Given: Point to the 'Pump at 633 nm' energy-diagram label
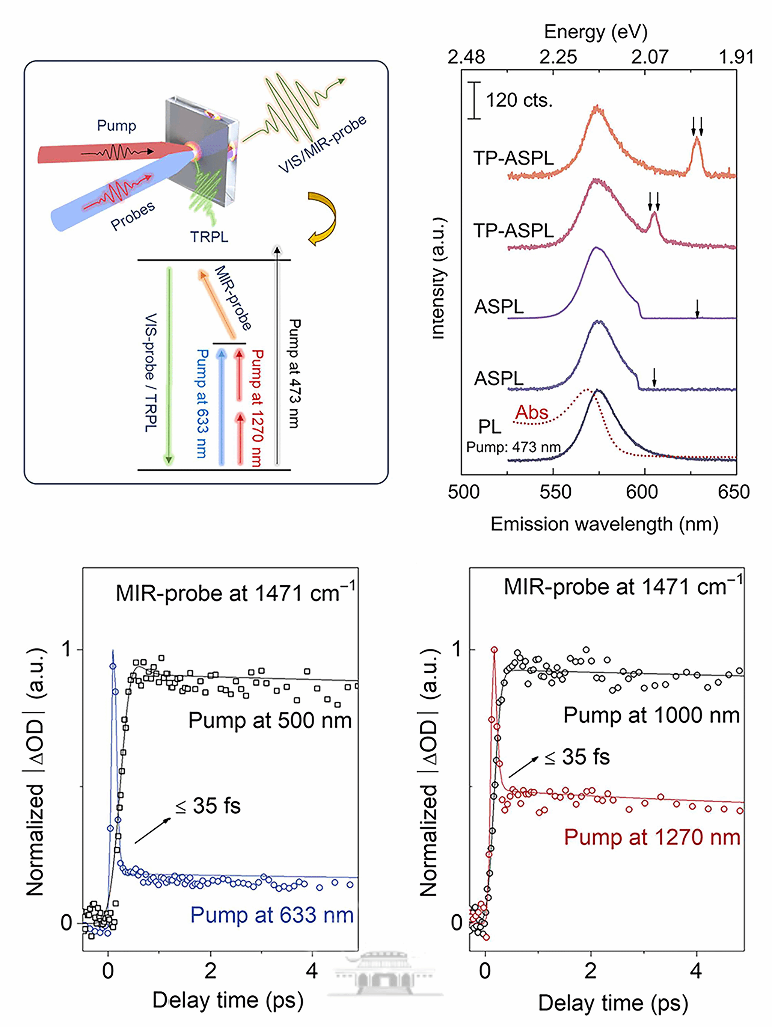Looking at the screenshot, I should pyautogui.click(x=202, y=403).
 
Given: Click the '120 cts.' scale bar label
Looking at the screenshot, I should pyautogui.click(x=519, y=100).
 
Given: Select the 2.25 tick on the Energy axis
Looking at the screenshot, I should pyautogui.click(x=558, y=57).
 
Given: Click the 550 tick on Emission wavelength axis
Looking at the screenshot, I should pyautogui.click(x=555, y=492).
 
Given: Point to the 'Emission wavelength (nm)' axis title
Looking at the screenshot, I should pyautogui.click(x=605, y=524).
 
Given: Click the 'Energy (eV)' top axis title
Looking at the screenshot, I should pyautogui.click(x=596, y=32).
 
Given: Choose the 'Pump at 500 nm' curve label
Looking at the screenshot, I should pyautogui.click(x=270, y=720).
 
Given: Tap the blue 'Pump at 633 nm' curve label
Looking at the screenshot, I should pyautogui.click(x=272, y=915).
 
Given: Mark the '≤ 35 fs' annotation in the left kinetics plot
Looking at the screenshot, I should pyautogui.click(x=208, y=805).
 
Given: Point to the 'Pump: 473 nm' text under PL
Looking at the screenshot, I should pyautogui.click(x=513, y=447).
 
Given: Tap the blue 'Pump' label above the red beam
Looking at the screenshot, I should pyautogui.click(x=116, y=125).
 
